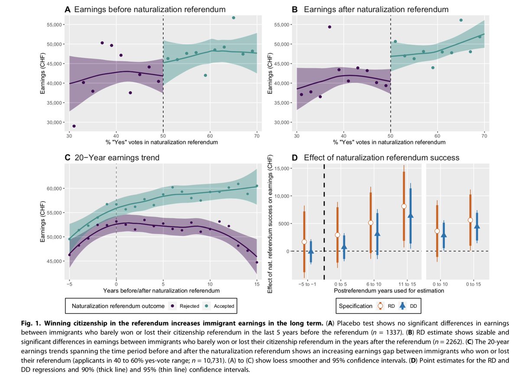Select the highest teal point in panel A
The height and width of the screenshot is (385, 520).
click(234, 18)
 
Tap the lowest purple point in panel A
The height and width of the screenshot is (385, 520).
click(74, 126)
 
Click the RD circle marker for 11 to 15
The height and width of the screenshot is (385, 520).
click(404, 206)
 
